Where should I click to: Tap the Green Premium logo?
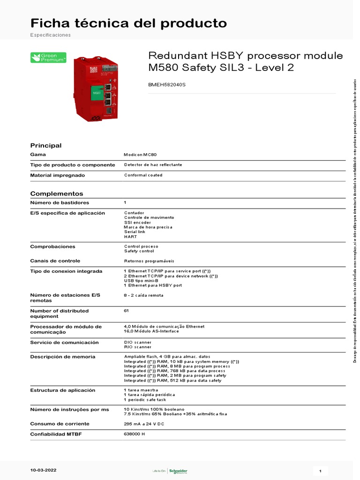(48, 58)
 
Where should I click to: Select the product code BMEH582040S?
(167, 85)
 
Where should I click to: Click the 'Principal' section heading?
(45, 145)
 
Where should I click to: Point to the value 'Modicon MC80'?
(143, 155)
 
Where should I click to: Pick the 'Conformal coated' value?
(143, 175)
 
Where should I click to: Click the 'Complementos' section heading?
(56, 193)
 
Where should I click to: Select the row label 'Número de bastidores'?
(59, 202)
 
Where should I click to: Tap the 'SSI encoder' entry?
(137, 222)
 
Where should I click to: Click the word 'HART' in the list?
(130, 237)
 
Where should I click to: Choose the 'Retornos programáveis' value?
(149, 261)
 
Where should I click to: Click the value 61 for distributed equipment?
(126, 310)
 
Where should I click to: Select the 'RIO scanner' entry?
(138, 347)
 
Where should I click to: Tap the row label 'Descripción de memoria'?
(62, 357)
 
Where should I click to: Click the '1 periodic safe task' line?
(145, 399)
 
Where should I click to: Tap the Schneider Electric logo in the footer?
(178, 471)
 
